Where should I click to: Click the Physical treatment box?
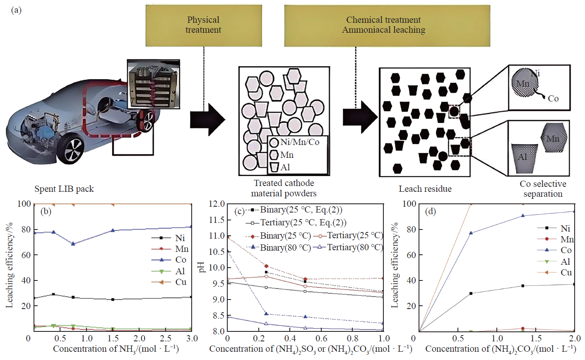(x=203, y=25)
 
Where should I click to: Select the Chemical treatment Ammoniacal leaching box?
(x=387, y=25)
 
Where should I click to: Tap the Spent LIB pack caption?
(x=64, y=189)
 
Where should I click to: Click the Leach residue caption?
(x=425, y=189)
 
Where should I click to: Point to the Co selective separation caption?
(x=543, y=189)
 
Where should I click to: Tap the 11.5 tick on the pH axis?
(x=217, y=220)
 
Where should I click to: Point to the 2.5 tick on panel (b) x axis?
(x=166, y=338)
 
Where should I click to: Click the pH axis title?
(x=202, y=267)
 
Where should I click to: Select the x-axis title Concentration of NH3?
(x=116, y=349)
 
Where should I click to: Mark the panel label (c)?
(x=239, y=211)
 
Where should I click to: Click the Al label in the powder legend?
(x=285, y=167)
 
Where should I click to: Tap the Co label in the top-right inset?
(x=553, y=99)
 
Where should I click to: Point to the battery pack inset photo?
(x=153, y=84)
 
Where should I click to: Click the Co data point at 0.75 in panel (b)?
(x=73, y=244)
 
